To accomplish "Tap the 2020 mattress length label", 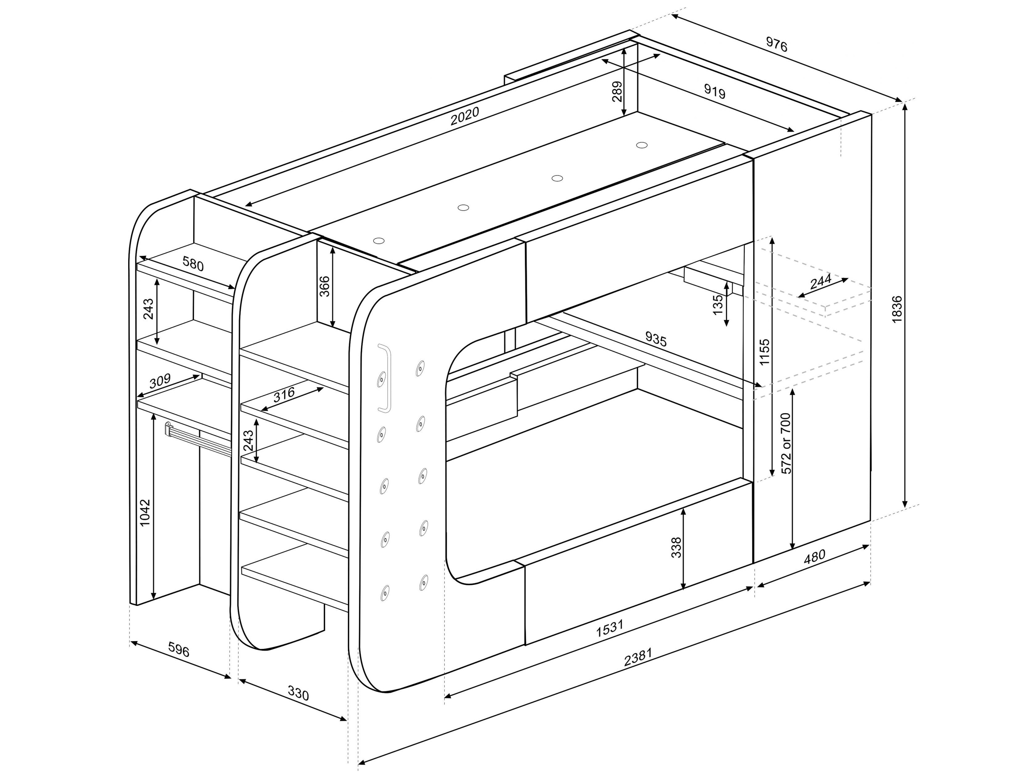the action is (465, 116).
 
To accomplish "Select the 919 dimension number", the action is (715, 92).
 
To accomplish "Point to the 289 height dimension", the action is (617, 92).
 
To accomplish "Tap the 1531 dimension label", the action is (610, 628).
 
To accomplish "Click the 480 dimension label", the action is (814, 556).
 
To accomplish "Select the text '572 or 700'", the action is (786, 443).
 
